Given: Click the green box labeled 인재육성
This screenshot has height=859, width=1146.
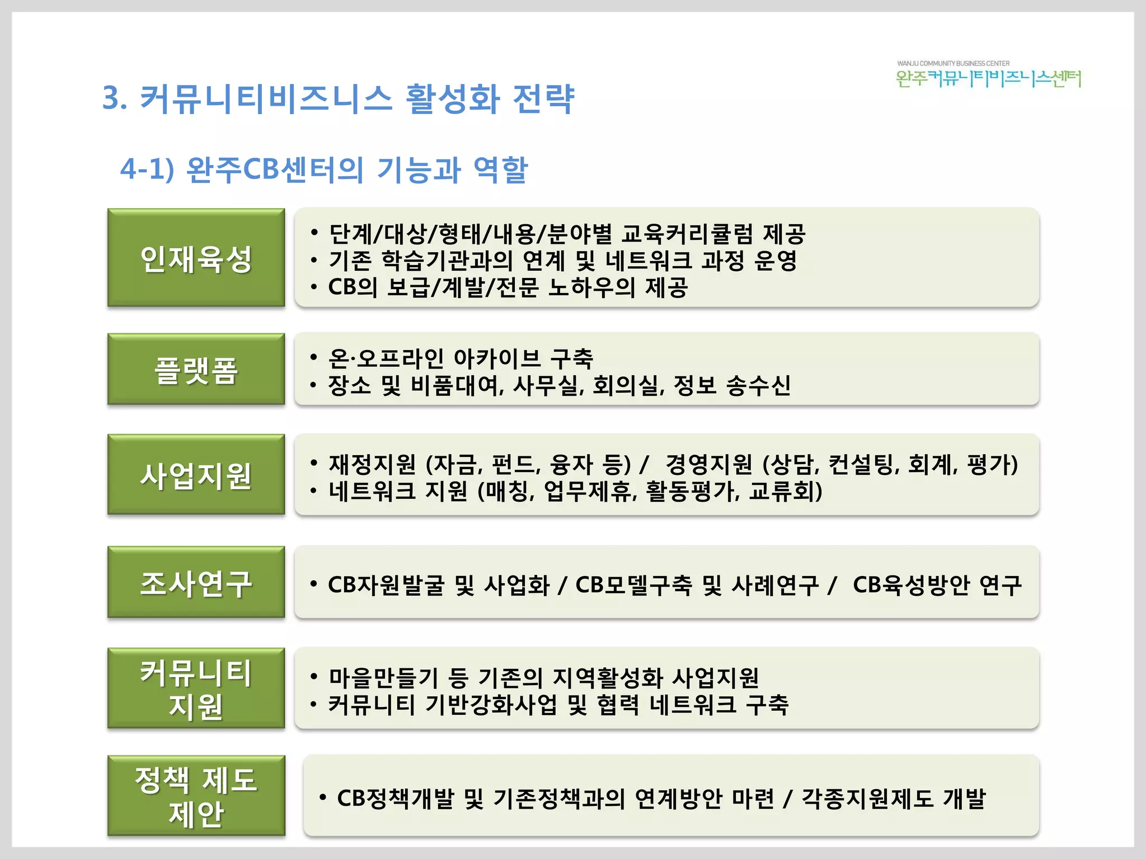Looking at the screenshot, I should [x=196, y=258].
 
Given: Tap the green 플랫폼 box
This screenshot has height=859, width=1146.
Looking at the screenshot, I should [x=196, y=369].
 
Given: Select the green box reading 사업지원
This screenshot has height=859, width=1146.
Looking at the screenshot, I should [x=196, y=475].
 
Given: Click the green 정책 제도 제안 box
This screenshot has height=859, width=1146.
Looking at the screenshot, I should [x=196, y=796].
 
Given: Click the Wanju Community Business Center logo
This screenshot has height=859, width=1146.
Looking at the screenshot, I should [x=988, y=75].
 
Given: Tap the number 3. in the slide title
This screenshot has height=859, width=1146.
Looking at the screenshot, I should [x=115, y=99].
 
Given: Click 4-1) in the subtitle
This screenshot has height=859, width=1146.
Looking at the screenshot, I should [x=147, y=169].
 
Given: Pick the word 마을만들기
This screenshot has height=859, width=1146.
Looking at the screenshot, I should [x=383, y=678].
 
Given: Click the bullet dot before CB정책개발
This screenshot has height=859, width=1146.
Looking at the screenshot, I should [x=323, y=797].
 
